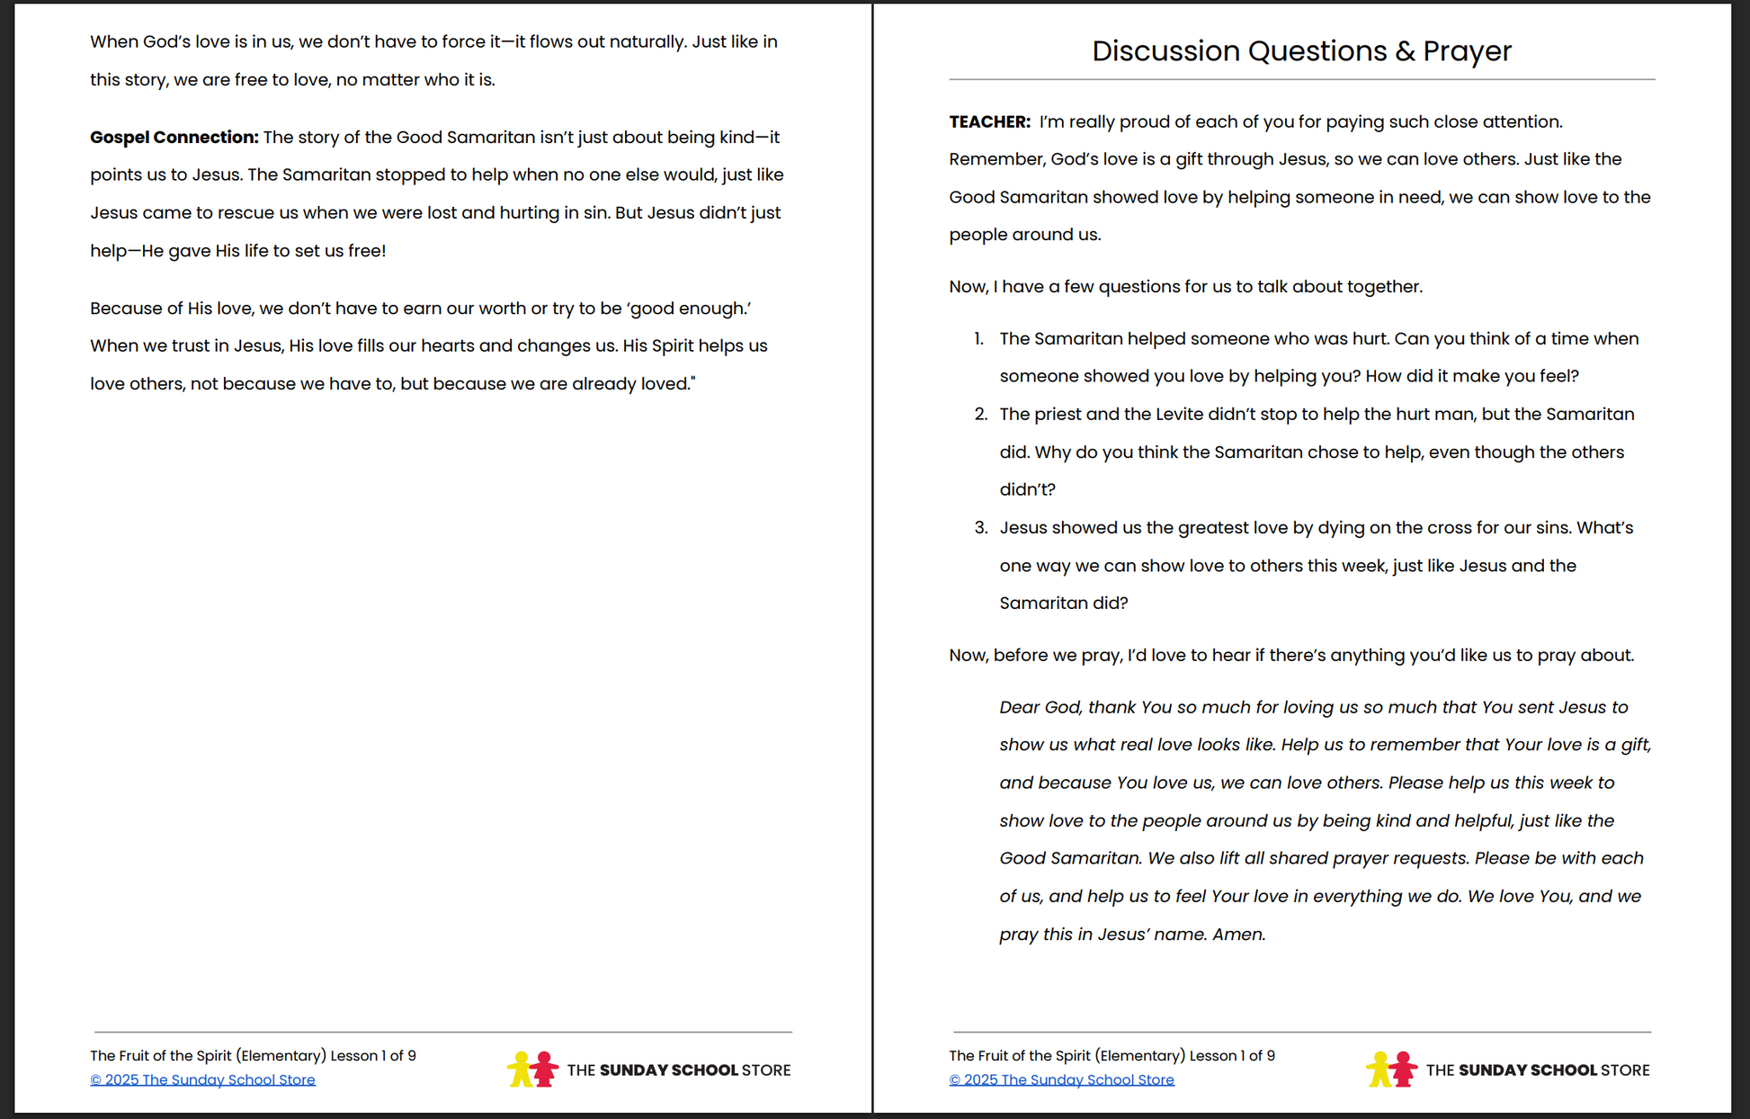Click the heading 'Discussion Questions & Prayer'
1301,51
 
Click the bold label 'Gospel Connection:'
174,138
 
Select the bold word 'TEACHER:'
989,122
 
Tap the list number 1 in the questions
978,339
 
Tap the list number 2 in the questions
980,415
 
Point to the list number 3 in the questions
980,528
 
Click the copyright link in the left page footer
202,1079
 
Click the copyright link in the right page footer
1061,1079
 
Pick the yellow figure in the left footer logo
520,1069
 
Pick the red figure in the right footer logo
1403,1069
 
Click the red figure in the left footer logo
544,1069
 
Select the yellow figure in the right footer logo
1379,1069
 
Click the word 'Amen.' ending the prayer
1238,935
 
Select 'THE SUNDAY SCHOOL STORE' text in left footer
679,1070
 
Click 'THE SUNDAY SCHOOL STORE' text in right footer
1538,1070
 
